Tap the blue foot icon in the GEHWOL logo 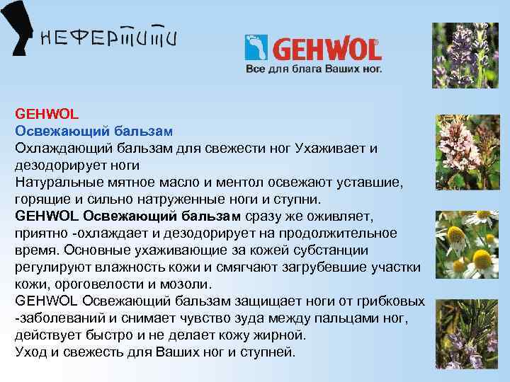point(254,48)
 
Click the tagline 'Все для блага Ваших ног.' point(314,69)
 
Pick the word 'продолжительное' point(336,233)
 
